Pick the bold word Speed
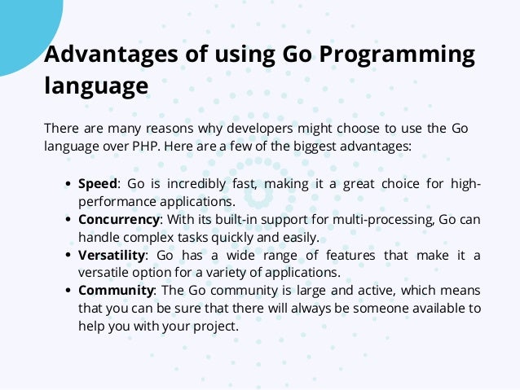point(98,183)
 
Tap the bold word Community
point(116,291)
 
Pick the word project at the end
point(214,326)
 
